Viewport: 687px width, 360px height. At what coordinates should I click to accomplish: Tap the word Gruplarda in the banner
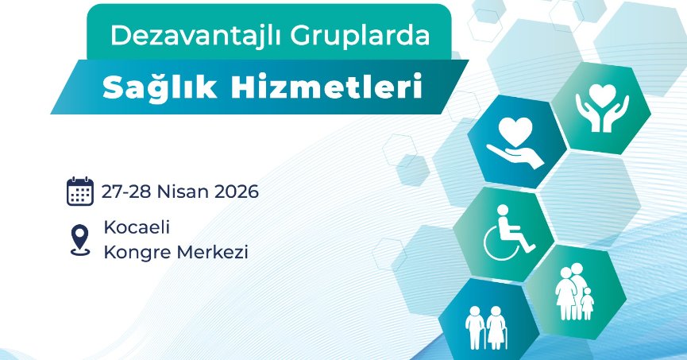coord(360,36)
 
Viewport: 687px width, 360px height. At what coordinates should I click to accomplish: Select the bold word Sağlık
coord(160,87)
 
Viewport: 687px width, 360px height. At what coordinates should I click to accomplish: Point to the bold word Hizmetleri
coord(326,86)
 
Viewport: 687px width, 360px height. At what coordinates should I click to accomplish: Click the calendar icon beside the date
coord(80,192)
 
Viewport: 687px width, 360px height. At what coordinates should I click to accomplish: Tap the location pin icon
coord(80,240)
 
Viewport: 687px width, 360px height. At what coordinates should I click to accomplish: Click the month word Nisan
coord(183,192)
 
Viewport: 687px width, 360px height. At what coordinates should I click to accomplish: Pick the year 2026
coord(237,192)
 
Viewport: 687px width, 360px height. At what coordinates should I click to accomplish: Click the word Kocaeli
coord(137,227)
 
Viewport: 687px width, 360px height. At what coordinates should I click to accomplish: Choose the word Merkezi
coord(213,252)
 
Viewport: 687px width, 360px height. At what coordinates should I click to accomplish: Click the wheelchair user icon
coord(508,232)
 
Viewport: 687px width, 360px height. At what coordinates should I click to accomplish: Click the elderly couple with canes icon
coord(486,327)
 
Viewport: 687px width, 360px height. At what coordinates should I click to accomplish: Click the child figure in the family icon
coord(587,304)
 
